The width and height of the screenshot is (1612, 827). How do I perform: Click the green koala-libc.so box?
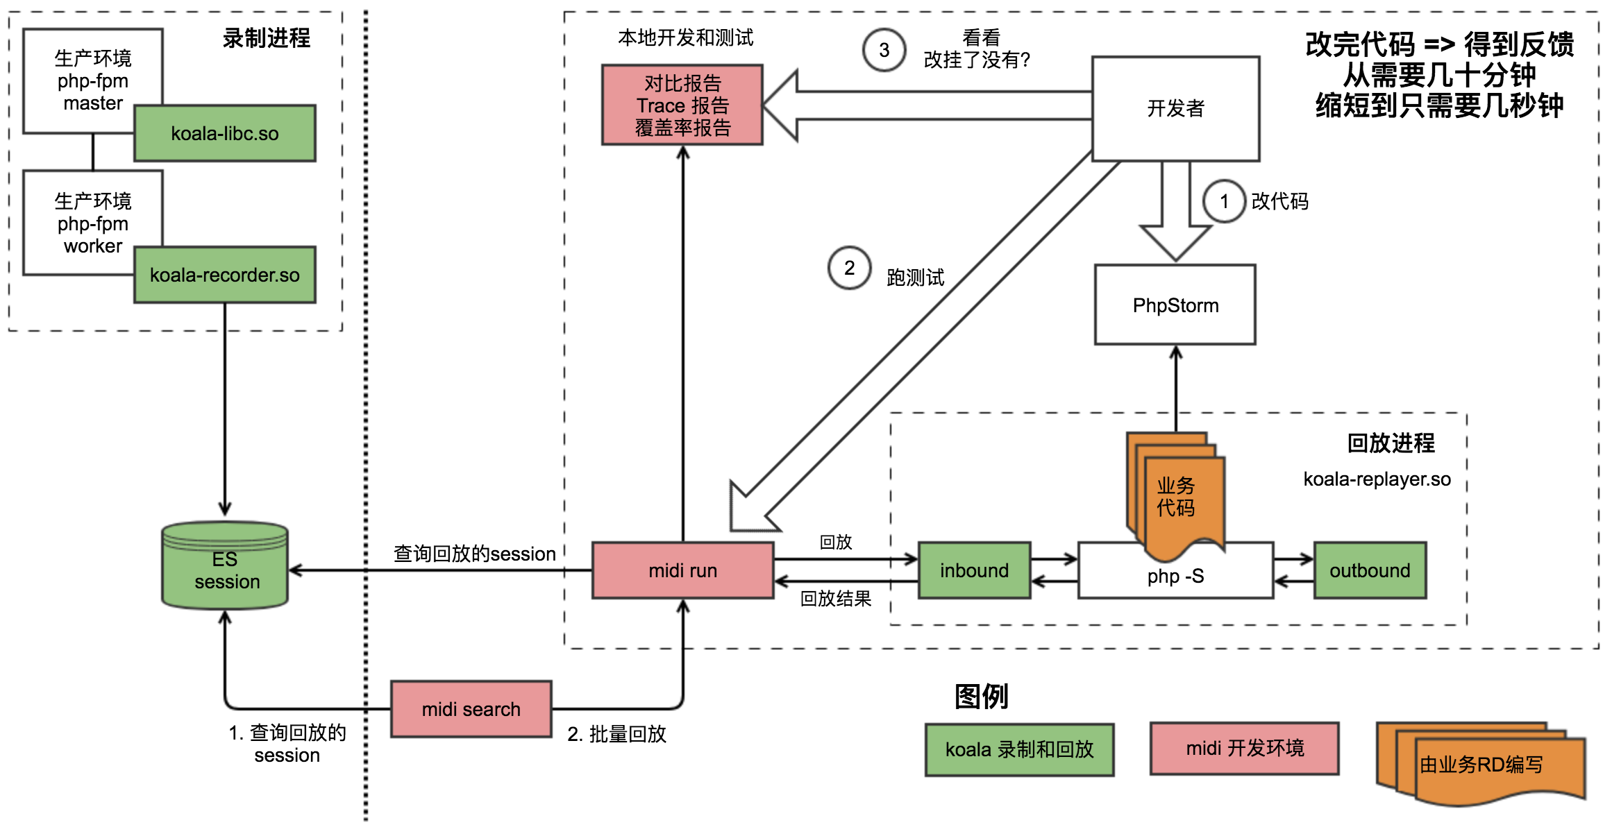(224, 133)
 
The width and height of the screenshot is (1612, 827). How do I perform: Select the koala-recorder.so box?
(224, 275)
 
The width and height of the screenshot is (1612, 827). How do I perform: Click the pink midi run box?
(682, 570)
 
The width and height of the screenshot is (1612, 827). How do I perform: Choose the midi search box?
(471, 709)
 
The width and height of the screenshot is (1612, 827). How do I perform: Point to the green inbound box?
(974, 570)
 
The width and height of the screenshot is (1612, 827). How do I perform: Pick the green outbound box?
(1369, 570)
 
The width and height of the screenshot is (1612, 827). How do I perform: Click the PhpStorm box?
(1175, 305)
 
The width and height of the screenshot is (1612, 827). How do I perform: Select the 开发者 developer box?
(1175, 108)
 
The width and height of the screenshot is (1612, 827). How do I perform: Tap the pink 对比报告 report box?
(682, 105)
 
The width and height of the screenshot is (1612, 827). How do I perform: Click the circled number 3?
(884, 50)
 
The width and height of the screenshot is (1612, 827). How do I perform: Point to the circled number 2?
(849, 268)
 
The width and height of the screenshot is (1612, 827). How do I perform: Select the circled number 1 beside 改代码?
(1224, 201)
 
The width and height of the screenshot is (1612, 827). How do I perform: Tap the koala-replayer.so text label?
(1377, 479)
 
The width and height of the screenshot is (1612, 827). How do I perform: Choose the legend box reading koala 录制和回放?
(1019, 749)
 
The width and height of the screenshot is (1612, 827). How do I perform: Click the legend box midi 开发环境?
(1244, 748)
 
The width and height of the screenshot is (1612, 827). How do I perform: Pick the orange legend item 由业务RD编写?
(1481, 765)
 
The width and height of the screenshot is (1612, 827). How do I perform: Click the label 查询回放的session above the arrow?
(474, 554)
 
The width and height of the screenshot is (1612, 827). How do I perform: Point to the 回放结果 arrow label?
(835, 598)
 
